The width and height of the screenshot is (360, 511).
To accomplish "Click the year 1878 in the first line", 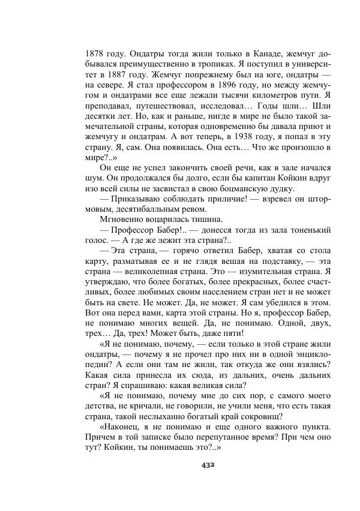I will tap(96, 52).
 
